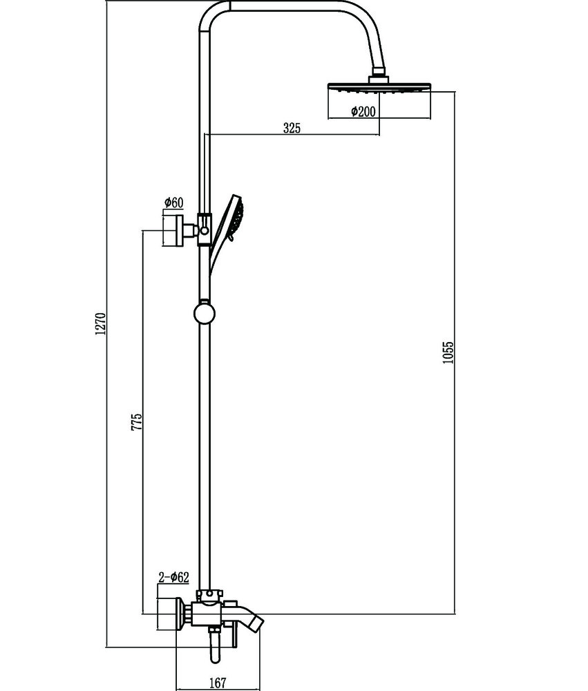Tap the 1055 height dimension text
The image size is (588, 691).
pyautogui.click(x=448, y=352)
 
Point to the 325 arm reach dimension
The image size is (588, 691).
pyautogui.click(x=292, y=129)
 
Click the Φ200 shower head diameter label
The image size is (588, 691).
pyautogui.click(x=363, y=111)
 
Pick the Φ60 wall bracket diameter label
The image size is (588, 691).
pyautogui.click(x=173, y=202)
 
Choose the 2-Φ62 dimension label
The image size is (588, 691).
pyautogui.click(x=173, y=577)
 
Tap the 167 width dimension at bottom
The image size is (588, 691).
pyautogui.click(x=217, y=683)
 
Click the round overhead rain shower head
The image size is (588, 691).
pyautogui.click(x=379, y=87)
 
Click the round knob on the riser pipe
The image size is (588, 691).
pyautogui.click(x=204, y=313)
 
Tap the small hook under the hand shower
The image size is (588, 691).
pyautogui.click(x=229, y=238)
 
